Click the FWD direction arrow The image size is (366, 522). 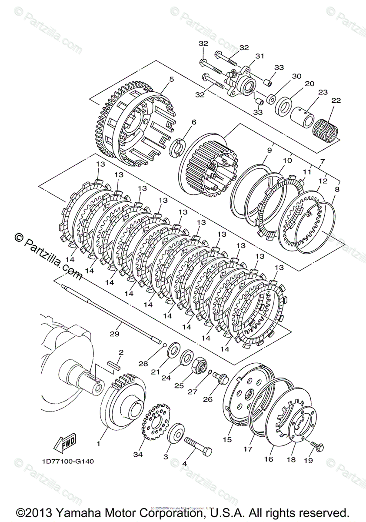(x=64, y=444)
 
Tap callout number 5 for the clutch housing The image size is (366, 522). (x=171, y=79)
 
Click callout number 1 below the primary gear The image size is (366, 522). (x=99, y=444)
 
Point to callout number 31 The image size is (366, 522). (x=260, y=56)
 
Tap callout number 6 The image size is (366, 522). (x=193, y=122)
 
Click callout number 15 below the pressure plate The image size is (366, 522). (x=227, y=440)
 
